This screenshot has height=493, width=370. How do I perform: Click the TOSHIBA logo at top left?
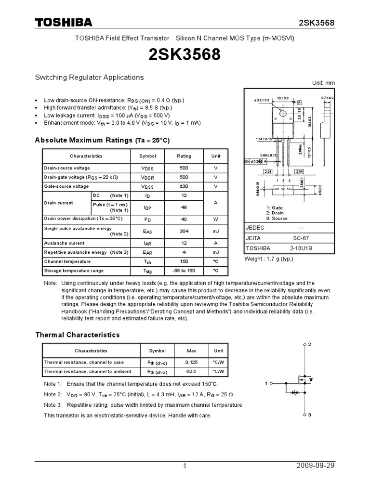pyautogui.click(x=63, y=23)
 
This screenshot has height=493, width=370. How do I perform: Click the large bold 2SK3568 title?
pyautogui.click(x=185, y=55)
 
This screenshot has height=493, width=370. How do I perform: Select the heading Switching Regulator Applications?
pyautogui.click(x=89, y=77)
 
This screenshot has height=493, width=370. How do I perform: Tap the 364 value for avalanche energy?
pyautogui.click(x=184, y=231)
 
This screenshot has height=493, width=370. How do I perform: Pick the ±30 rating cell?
pyautogui.click(x=184, y=186)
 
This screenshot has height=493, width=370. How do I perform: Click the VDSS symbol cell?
pyautogui.click(x=147, y=168)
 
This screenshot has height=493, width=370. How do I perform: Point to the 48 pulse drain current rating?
pyautogui.click(x=184, y=208)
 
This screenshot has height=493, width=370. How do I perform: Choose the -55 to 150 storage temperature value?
pyautogui.click(x=184, y=271)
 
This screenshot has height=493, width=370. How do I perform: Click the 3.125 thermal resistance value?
pyautogui.click(x=192, y=362)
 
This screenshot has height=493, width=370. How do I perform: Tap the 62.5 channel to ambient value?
pyautogui.click(x=192, y=372)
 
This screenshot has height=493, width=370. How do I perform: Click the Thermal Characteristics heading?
pyautogui.click(x=78, y=335)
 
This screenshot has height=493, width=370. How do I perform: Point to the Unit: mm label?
pyautogui.click(x=323, y=83)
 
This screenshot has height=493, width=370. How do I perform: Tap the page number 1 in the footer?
pyautogui.click(x=185, y=466)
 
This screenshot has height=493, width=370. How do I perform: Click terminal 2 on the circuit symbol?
pyautogui.click(x=310, y=345)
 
